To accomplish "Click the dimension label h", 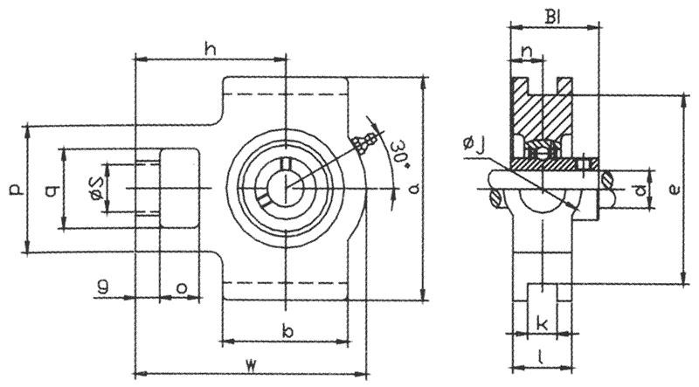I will coord(210,48).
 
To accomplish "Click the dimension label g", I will coord(103,285).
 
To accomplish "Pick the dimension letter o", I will coord(182,286).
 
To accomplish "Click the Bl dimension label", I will coord(553,15).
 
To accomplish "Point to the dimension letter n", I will coord(526,52).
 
